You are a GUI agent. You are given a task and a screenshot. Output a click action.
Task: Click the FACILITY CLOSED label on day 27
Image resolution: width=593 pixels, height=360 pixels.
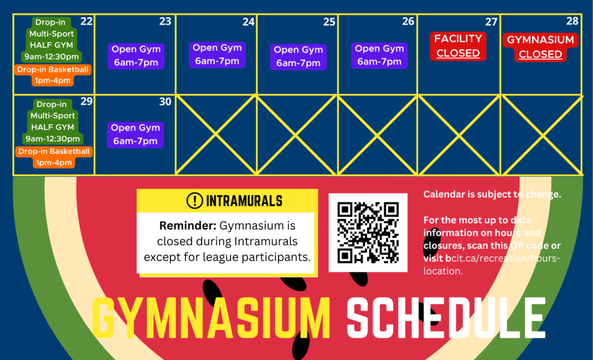pos(458,46)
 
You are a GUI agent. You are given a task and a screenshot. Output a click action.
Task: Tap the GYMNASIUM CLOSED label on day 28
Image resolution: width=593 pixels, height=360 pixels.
pos(540,47)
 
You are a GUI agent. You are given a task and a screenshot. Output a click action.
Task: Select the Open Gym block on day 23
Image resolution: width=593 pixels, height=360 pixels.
pos(136,56)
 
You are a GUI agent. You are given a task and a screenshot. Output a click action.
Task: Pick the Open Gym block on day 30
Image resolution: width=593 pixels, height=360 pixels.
pos(136,135)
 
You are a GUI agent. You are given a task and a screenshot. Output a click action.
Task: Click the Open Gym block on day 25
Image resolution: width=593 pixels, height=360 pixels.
pos(298,57)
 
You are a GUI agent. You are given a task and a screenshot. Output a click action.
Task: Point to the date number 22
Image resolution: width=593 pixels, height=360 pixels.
pos(87,21)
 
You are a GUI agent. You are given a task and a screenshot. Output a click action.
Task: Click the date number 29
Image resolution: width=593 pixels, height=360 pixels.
pos(87,101)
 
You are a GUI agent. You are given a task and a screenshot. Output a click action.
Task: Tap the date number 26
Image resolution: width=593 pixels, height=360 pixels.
pos(408,21)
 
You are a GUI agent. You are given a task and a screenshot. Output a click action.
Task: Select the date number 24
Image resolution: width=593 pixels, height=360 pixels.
pos(248,22)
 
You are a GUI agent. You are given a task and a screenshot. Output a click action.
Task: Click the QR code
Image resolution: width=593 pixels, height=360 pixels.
pos(368,233)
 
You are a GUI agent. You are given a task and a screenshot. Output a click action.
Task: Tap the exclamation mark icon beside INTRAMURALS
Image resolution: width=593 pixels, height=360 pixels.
pos(195,201)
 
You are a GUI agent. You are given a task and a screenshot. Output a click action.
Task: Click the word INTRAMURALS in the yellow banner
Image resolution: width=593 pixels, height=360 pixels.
pos(244,201)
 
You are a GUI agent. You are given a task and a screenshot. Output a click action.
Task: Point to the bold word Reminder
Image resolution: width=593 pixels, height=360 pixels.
pos(188,226)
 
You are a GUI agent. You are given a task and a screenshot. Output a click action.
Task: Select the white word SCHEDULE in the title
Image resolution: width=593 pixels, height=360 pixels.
pos(446,318)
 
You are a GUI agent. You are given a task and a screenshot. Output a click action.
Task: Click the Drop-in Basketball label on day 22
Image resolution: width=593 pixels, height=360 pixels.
pos(53,75)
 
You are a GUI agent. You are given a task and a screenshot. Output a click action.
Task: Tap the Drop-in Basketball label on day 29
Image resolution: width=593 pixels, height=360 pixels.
pos(54,157)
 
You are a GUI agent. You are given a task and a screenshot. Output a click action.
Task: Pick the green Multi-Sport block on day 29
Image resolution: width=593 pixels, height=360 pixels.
pos(53,122)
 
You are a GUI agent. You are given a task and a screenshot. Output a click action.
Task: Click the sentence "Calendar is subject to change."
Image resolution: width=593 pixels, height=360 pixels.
pos(492,194)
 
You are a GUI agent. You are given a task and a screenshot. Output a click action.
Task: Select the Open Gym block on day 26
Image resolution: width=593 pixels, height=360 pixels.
pos(379,56)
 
